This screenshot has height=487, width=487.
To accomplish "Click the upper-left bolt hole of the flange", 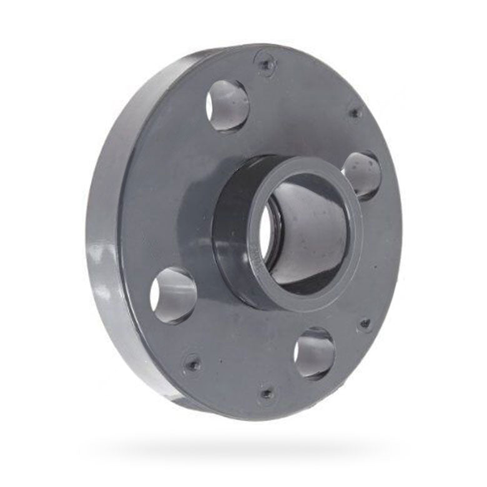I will (228, 105).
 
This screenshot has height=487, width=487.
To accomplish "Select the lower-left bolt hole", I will (174, 295).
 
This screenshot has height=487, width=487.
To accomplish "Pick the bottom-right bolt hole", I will (314, 353).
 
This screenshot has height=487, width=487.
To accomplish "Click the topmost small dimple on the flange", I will (266, 63).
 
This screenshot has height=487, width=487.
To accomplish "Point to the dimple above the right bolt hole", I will (355, 114).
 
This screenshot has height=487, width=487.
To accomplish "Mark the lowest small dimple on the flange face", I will (267, 394).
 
